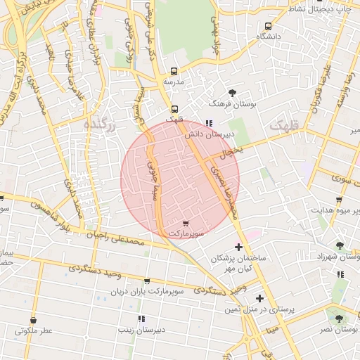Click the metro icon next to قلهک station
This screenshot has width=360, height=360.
click(x=174, y=109)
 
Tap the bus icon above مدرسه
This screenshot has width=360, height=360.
click(x=174, y=71)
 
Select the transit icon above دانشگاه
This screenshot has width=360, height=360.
click(x=267, y=25)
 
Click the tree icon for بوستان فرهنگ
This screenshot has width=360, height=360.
click(x=233, y=93)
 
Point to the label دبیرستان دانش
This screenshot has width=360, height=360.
click(x=210, y=133)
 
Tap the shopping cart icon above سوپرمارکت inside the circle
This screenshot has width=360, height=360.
click(x=185, y=222)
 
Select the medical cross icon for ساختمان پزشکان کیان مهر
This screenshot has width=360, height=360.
click(x=238, y=247)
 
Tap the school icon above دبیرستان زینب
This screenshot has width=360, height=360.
click(x=141, y=319)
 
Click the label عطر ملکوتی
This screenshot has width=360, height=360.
click(x=34, y=330)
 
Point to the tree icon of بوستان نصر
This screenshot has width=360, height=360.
click(x=339, y=319)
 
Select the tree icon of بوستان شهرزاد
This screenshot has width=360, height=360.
click(x=340, y=245)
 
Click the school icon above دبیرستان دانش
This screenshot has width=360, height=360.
click(x=209, y=123)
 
